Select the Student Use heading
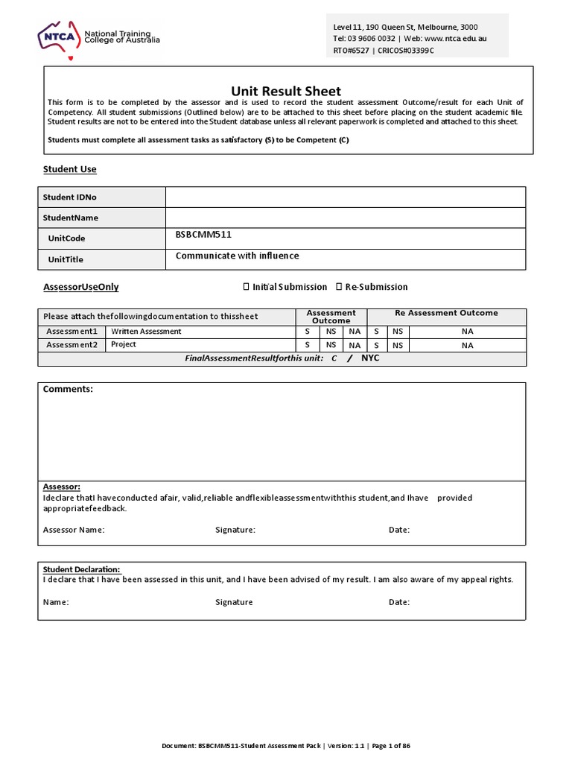coord(70,169)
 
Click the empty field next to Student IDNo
coord(346,197)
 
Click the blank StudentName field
coord(346,218)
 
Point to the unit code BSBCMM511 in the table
coord(203,235)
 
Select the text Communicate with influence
coord(237,256)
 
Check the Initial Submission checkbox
coord(247,287)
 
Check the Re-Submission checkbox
coord(339,287)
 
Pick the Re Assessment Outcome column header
coord(446,313)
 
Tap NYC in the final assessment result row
coord(370,358)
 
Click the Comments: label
coord(68,389)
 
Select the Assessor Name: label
coord(74,530)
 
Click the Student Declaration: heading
coord(81,569)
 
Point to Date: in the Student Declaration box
coord(399,602)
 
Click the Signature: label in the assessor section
coord(235,530)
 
